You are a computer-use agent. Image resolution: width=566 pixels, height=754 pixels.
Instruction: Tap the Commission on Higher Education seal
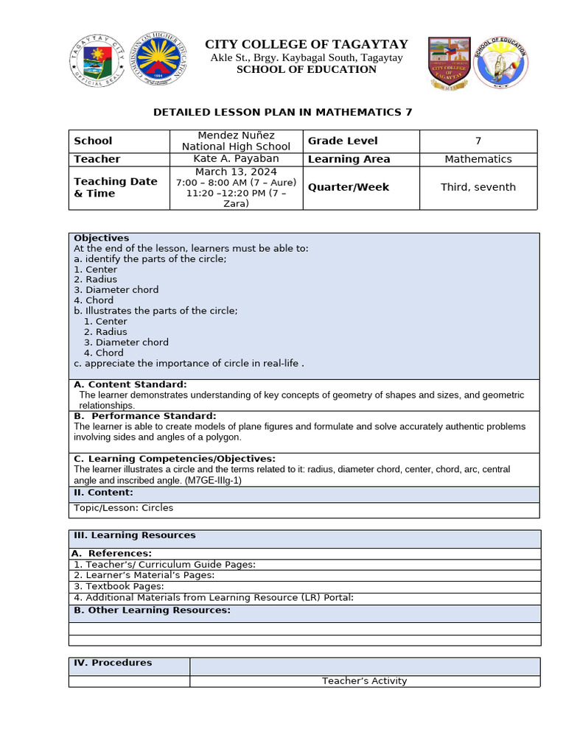click(x=158, y=60)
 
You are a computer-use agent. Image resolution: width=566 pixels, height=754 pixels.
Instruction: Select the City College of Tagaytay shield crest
click(x=449, y=63)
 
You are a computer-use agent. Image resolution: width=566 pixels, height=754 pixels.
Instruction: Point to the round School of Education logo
click(x=501, y=63)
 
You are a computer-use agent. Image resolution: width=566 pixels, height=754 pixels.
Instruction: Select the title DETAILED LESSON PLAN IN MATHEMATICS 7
click(x=282, y=112)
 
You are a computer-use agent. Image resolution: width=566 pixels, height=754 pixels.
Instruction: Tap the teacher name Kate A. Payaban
click(x=236, y=159)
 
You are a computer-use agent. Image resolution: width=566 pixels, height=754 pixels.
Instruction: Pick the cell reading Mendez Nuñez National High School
click(x=236, y=141)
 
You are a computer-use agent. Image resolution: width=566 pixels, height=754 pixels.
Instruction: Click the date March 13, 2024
click(x=236, y=172)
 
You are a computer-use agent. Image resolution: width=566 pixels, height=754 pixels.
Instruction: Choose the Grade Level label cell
click(x=343, y=141)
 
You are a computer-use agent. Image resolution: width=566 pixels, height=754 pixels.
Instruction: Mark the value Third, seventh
click(x=478, y=187)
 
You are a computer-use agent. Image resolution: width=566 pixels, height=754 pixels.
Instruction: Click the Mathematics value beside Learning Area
click(x=478, y=159)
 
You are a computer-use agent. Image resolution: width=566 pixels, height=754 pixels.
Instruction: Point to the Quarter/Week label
click(x=349, y=187)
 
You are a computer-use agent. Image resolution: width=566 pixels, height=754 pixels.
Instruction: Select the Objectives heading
click(x=101, y=238)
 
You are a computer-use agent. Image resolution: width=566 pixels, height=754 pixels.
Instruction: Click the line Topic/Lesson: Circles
click(x=124, y=507)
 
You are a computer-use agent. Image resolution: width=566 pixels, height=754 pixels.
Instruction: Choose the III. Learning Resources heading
click(x=134, y=535)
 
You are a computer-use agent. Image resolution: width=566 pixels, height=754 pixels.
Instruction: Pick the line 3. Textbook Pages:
click(x=118, y=586)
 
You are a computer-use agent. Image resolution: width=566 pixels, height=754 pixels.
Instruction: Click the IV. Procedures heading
click(x=113, y=663)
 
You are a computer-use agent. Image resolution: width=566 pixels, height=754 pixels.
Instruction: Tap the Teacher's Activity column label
click(x=364, y=681)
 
